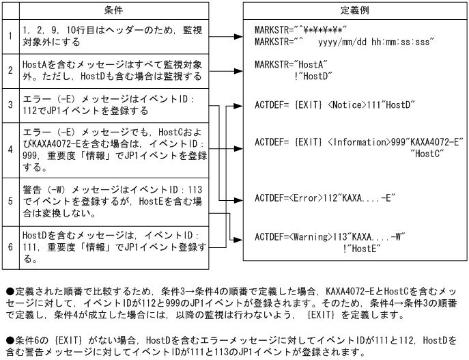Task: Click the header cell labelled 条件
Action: click(x=113, y=10)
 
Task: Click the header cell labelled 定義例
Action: click(x=355, y=10)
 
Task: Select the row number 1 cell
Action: click(x=10, y=36)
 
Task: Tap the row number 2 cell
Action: click(x=10, y=70)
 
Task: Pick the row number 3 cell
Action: click(x=10, y=105)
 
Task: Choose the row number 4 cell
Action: click(x=10, y=150)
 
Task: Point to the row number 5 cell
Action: click(x=10, y=202)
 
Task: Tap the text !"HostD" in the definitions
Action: click(x=312, y=75)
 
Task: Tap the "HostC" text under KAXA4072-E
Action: click(x=428, y=154)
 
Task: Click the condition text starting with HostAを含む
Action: click(x=113, y=70)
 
